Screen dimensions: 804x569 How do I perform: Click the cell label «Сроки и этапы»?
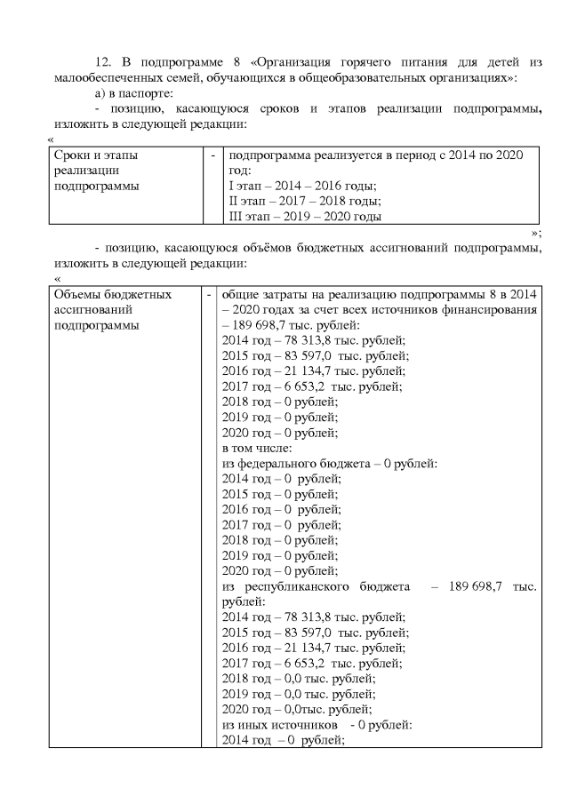96,155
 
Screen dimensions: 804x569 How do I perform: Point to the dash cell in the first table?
213,155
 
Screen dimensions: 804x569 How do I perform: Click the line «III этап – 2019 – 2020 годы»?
305,217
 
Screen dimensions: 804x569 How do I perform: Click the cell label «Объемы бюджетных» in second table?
112,294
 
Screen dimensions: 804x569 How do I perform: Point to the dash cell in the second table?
209,294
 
